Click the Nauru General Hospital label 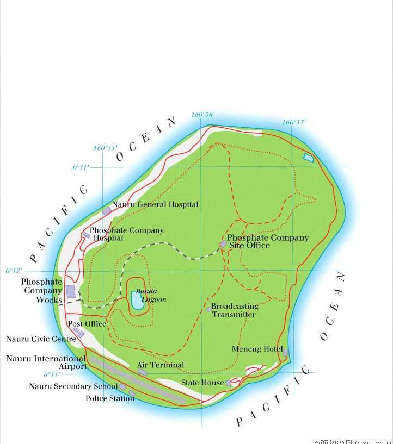[155, 204]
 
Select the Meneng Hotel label [257, 349]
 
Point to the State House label [202, 383]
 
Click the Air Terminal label [161, 365]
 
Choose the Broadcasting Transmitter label [235, 310]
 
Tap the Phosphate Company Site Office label [267, 241]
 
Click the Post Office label [87, 324]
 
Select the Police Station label [110, 398]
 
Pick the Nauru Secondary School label [73, 386]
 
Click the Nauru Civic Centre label [41, 339]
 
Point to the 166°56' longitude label [203, 115]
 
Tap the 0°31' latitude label [81, 167]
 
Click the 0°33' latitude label [52, 374]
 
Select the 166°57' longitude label [294, 122]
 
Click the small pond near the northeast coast [309, 159]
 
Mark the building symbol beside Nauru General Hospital [107, 211]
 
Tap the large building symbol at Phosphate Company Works [71, 291]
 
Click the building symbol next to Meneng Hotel [285, 352]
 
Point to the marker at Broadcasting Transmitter [209, 309]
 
